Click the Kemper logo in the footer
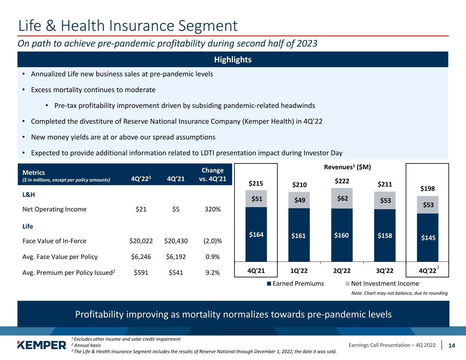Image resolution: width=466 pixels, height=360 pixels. tap(42, 345)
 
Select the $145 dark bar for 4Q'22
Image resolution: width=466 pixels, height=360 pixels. tap(428, 237)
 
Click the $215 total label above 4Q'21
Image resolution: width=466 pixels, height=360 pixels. tap(256, 184)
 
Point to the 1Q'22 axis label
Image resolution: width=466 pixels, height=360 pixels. tap(299, 271)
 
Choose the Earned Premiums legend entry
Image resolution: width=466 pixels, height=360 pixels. tap(295, 284)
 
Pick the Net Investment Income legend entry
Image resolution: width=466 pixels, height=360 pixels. tap(382, 284)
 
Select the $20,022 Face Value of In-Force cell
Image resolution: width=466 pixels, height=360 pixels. tap(141, 241)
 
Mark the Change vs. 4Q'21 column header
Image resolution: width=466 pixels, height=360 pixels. tap(212, 174)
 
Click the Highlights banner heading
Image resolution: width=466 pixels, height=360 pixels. tap(233, 60)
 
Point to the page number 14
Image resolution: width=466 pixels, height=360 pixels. tap(452, 345)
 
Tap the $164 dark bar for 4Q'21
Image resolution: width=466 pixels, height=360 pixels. tap(256, 234)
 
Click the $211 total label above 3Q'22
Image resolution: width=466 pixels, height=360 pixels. tap(385, 184)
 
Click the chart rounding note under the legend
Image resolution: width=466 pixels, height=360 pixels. tap(399, 293)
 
